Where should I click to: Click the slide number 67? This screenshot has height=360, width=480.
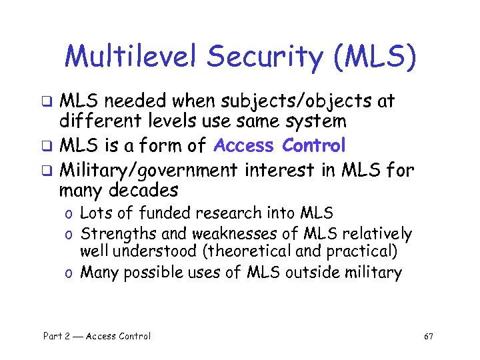[429, 336]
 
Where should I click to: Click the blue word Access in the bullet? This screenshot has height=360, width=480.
[244, 145]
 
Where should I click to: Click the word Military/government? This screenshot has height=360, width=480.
[149, 169]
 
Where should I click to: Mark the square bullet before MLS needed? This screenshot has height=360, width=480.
[48, 102]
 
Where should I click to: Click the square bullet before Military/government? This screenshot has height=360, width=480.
[48, 170]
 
